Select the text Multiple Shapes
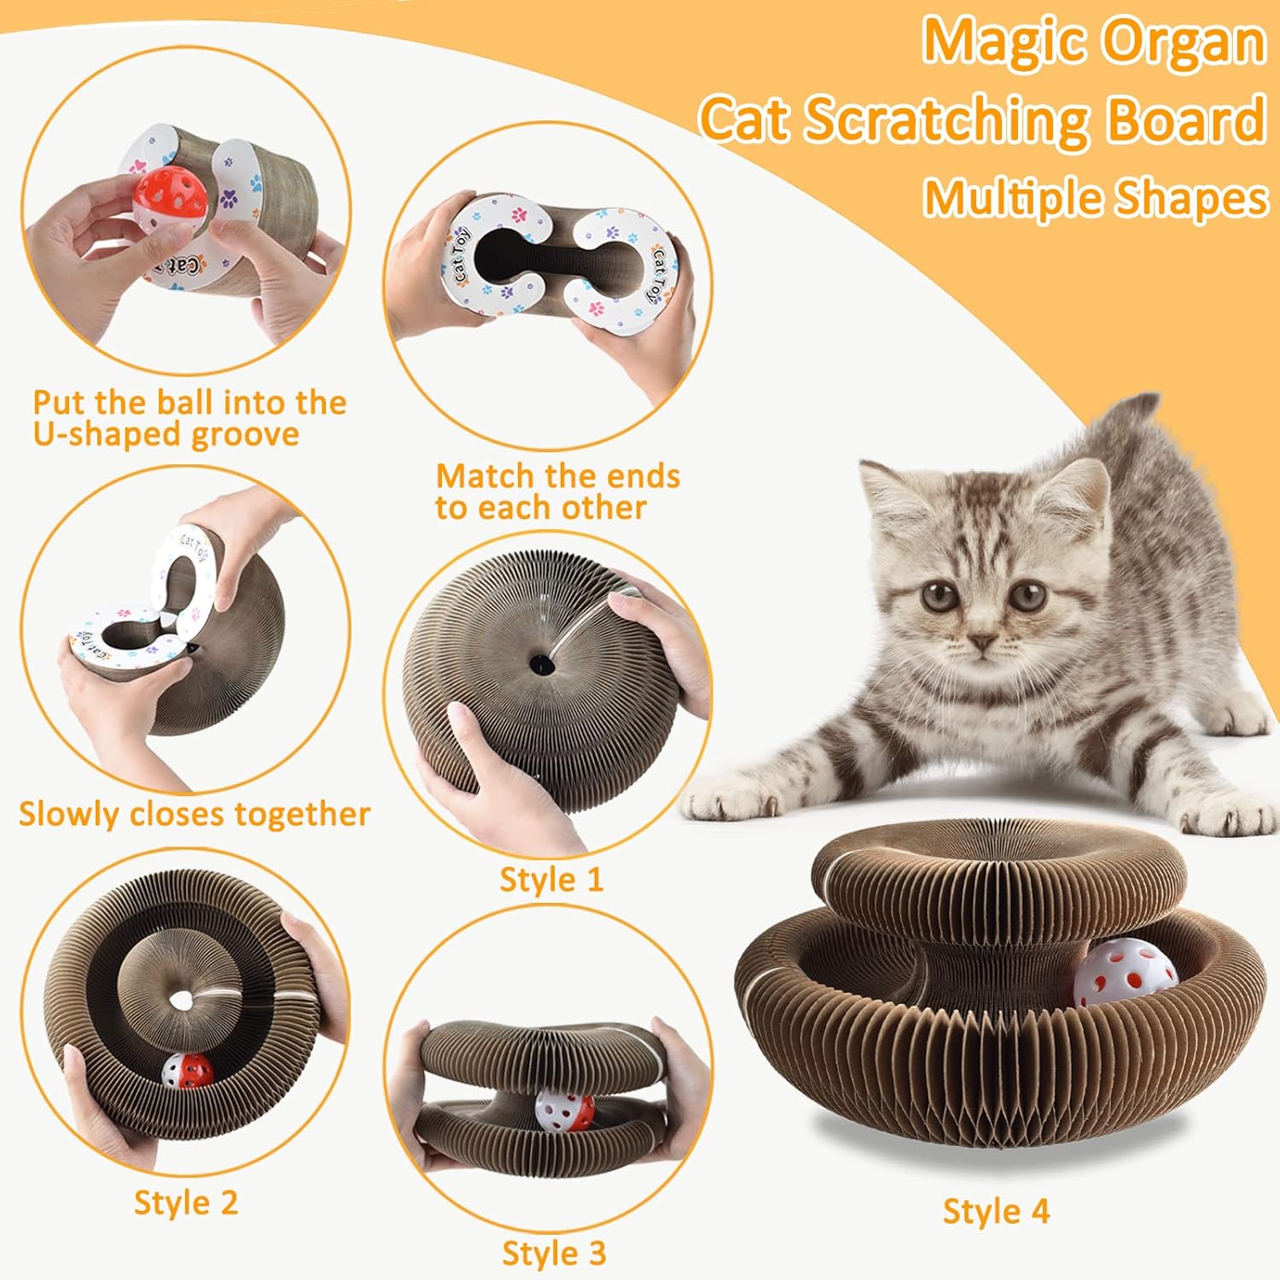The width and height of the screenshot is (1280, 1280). [1096, 198]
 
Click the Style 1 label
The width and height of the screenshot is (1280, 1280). [551, 880]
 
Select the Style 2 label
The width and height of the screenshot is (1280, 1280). [185, 1202]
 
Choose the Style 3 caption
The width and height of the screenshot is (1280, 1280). [554, 1254]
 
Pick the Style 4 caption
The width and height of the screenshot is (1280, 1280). [996, 1211]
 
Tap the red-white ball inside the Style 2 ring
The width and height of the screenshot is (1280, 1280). [188, 1070]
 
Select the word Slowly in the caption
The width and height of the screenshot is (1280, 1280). [69, 814]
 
